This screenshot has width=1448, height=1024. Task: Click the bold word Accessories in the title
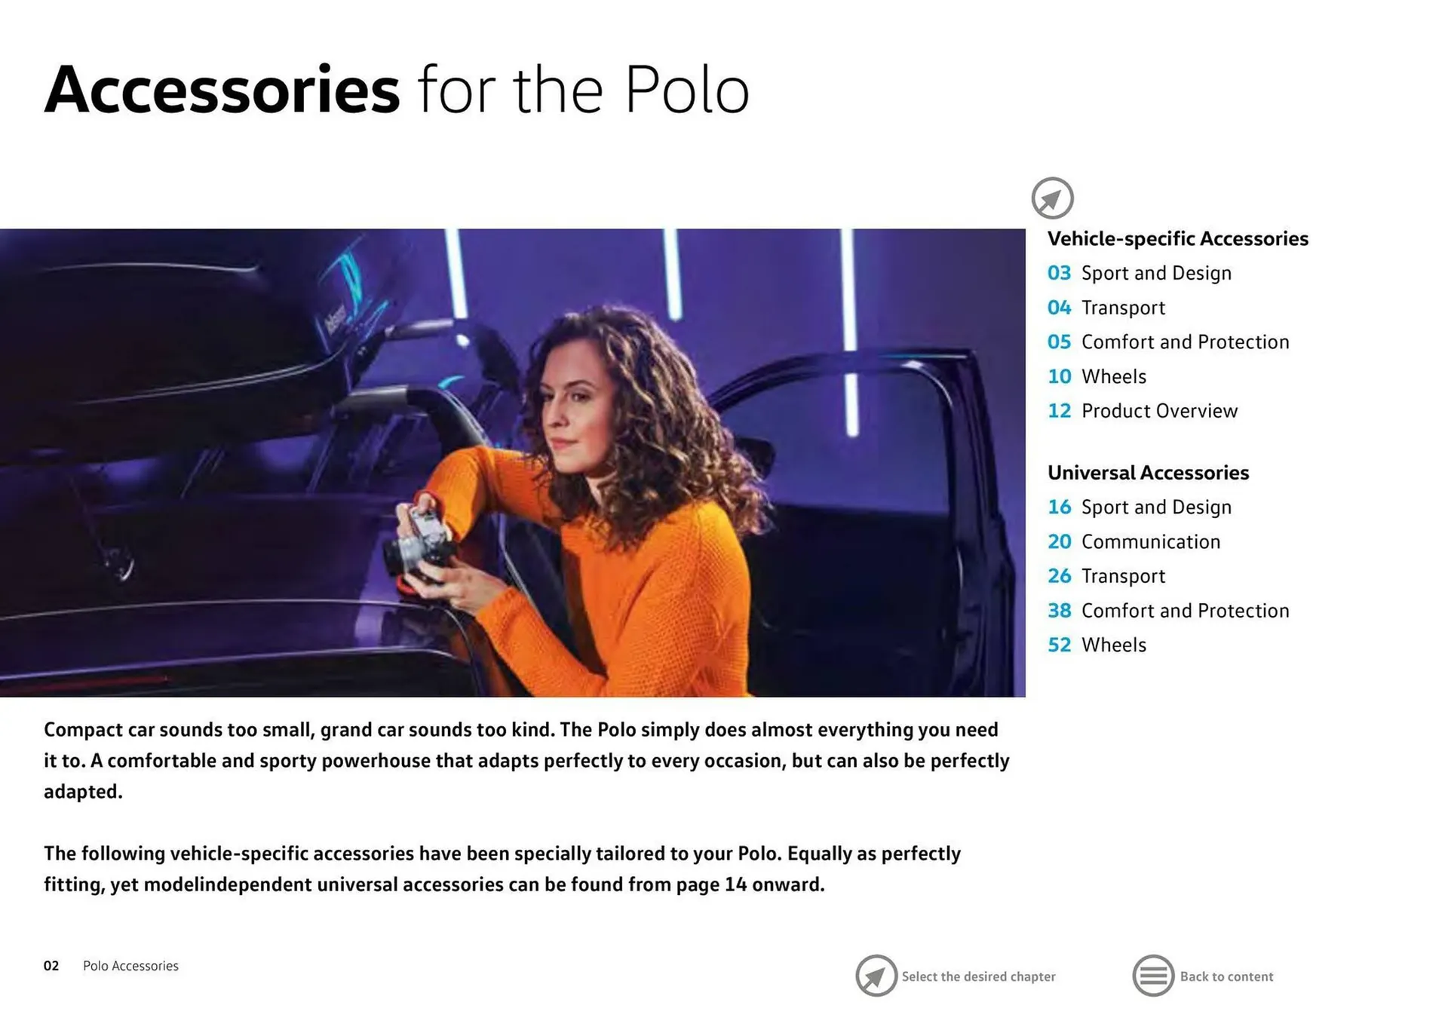222,90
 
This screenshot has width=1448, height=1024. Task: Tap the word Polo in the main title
687,90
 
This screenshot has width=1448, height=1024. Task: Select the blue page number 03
1059,273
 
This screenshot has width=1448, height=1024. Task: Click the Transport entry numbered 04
1123,308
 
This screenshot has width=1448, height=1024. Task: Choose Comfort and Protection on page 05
1185,342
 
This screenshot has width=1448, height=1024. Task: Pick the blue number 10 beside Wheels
1059,376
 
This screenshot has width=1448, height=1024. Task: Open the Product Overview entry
1159,411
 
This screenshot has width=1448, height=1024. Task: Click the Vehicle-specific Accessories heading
1177,238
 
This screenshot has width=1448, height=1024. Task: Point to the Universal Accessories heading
1148,472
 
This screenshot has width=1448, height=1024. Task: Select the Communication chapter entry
1150,541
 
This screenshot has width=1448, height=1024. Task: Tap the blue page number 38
1059,610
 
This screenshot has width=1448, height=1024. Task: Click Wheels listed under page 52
1113,645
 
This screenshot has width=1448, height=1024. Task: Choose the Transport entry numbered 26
1123,576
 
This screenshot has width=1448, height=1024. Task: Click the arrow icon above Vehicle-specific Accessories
1052,198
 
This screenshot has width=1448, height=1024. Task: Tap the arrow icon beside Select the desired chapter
876,976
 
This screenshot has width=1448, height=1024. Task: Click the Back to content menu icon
1153,976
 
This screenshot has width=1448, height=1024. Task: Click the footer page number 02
51,966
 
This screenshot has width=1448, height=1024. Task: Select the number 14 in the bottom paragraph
735,884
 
